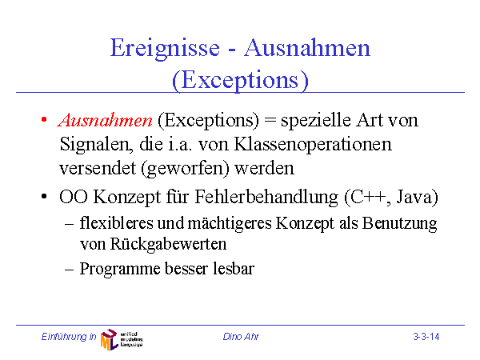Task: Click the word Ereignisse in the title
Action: [x=165, y=49]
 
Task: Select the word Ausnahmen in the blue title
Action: [x=307, y=48]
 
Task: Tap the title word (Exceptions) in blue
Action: [x=240, y=81]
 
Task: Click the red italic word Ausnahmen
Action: [x=105, y=120]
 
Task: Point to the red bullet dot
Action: [x=44, y=119]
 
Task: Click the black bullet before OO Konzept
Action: [x=44, y=196]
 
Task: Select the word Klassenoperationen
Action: [x=313, y=145]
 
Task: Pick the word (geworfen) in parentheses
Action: [x=185, y=169]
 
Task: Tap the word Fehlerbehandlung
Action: [x=266, y=197]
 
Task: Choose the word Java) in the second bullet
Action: [x=418, y=198]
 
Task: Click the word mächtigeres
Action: [x=230, y=224]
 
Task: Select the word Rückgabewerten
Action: [x=168, y=245]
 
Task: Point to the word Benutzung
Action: [x=399, y=224]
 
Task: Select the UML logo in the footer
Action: [x=122, y=339]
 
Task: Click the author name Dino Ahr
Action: [x=241, y=337]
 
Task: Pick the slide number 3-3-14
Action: [x=426, y=337]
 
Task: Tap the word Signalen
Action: [x=97, y=145]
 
